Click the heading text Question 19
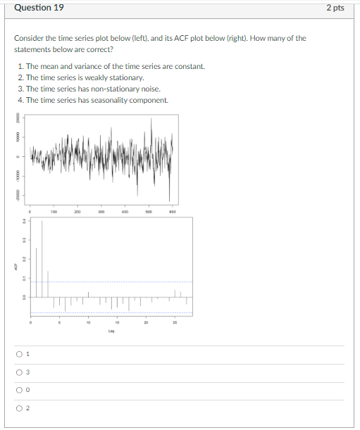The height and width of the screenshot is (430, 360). click(x=39, y=8)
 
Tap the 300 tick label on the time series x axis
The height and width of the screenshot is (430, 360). click(x=101, y=210)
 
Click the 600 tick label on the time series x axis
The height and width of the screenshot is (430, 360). click(x=171, y=210)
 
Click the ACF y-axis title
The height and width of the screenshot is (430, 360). click(x=12, y=267)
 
